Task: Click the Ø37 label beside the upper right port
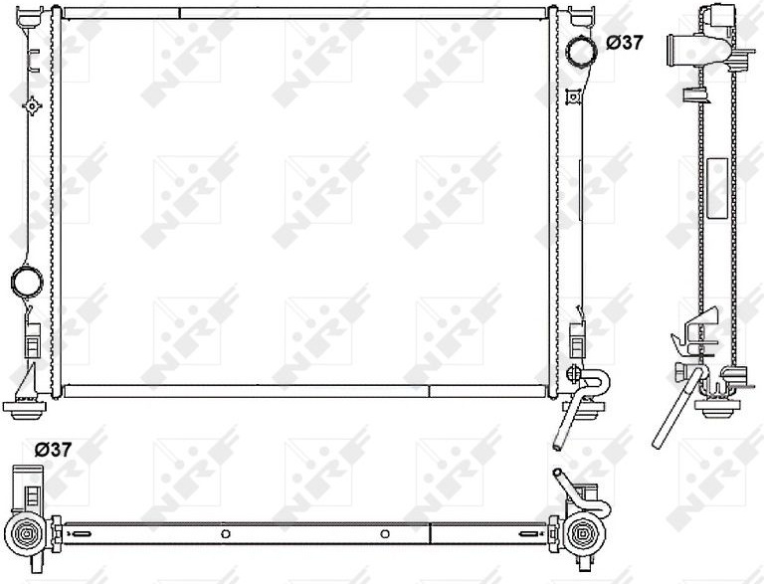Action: pyautogui.click(x=624, y=43)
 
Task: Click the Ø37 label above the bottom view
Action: pyautogui.click(x=53, y=450)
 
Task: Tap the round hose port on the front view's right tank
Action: pyautogui.click(x=580, y=52)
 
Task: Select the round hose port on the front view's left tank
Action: pyautogui.click(x=27, y=282)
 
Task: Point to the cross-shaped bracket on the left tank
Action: pyautogui.click(x=32, y=105)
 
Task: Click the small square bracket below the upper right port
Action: pyautogui.click(x=573, y=97)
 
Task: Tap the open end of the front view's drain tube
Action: pyautogui.click(x=558, y=445)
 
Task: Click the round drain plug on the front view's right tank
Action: pyautogui.click(x=573, y=374)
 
